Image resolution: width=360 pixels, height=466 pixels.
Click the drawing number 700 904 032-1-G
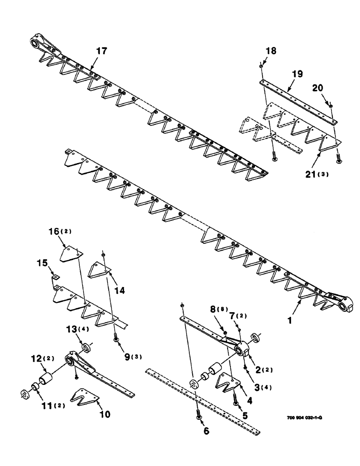[x=304, y=417]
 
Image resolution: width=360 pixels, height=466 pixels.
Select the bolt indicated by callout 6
[x=199, y=412]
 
